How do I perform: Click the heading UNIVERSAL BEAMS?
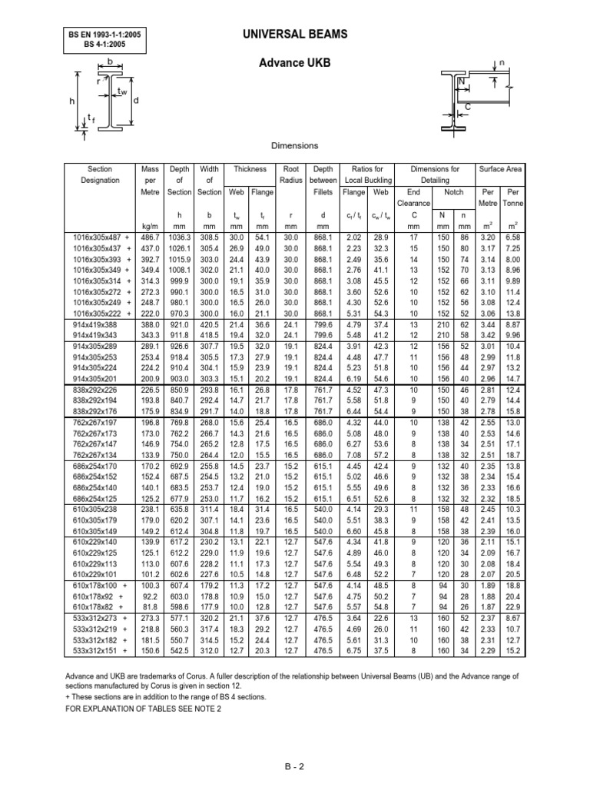pos(296,35)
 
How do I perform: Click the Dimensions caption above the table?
pos(296,145)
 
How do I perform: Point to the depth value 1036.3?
pos(179,239)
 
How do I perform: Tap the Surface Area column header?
pos(500,168)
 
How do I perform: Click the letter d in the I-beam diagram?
pos(136,101)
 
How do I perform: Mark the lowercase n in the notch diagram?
pos(502,63)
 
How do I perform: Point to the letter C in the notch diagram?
pos(468,107)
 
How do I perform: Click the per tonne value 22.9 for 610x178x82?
pos(512,605)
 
